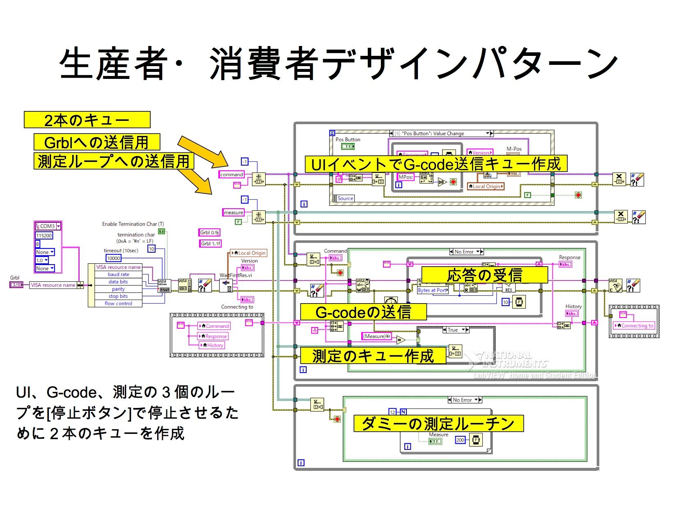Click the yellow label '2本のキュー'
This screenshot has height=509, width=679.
click(x=87, y=120)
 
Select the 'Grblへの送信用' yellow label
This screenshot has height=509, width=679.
click(x=96, y=142)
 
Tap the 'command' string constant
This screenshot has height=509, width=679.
click(x=232, y=175)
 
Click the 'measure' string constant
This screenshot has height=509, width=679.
click(x=233, y=212)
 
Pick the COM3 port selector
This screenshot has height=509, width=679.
click(x=48, y=226)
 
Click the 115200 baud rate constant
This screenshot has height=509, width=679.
click(x=44, y=235)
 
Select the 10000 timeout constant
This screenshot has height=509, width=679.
click(x=114, y=258)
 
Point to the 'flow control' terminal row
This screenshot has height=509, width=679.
click(x=118, y=304)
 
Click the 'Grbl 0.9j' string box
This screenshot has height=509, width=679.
click(x=210, y=233)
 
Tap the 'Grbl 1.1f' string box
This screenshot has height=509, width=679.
click(x=211, y=243)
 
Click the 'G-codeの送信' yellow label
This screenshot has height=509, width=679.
click(x=363, y=312)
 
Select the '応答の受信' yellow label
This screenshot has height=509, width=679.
click(x=484, y=275)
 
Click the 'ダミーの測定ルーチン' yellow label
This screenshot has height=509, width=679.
click(x=438, y=423)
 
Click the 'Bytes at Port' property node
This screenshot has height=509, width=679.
click(x=432, y=290)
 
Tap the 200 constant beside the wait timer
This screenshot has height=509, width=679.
click(x=460, y=440)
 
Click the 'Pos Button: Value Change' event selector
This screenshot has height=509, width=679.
click(x=441, y=134)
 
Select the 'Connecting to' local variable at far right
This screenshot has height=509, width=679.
click(x=634, y=326)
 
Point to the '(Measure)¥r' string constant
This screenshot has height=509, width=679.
click(x=377, y=336)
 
